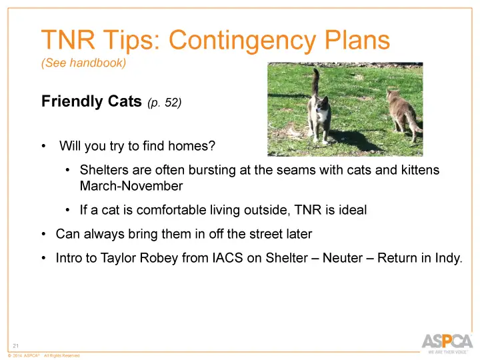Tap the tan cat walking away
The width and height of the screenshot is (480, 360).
403,110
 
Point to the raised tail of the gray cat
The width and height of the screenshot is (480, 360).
314,83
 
